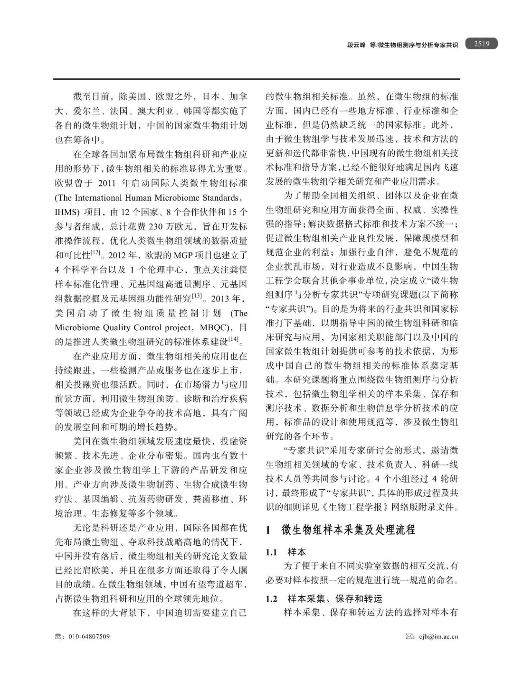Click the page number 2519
(x=481, y=44)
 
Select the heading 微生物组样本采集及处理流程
(x=349, y=530)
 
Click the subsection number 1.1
(x=272, y=552)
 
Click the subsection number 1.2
(x=272, y=599)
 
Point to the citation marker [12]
(x=95, y=252)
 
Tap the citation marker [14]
(x=233, y=339)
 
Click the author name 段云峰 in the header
(x=356, y=45)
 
